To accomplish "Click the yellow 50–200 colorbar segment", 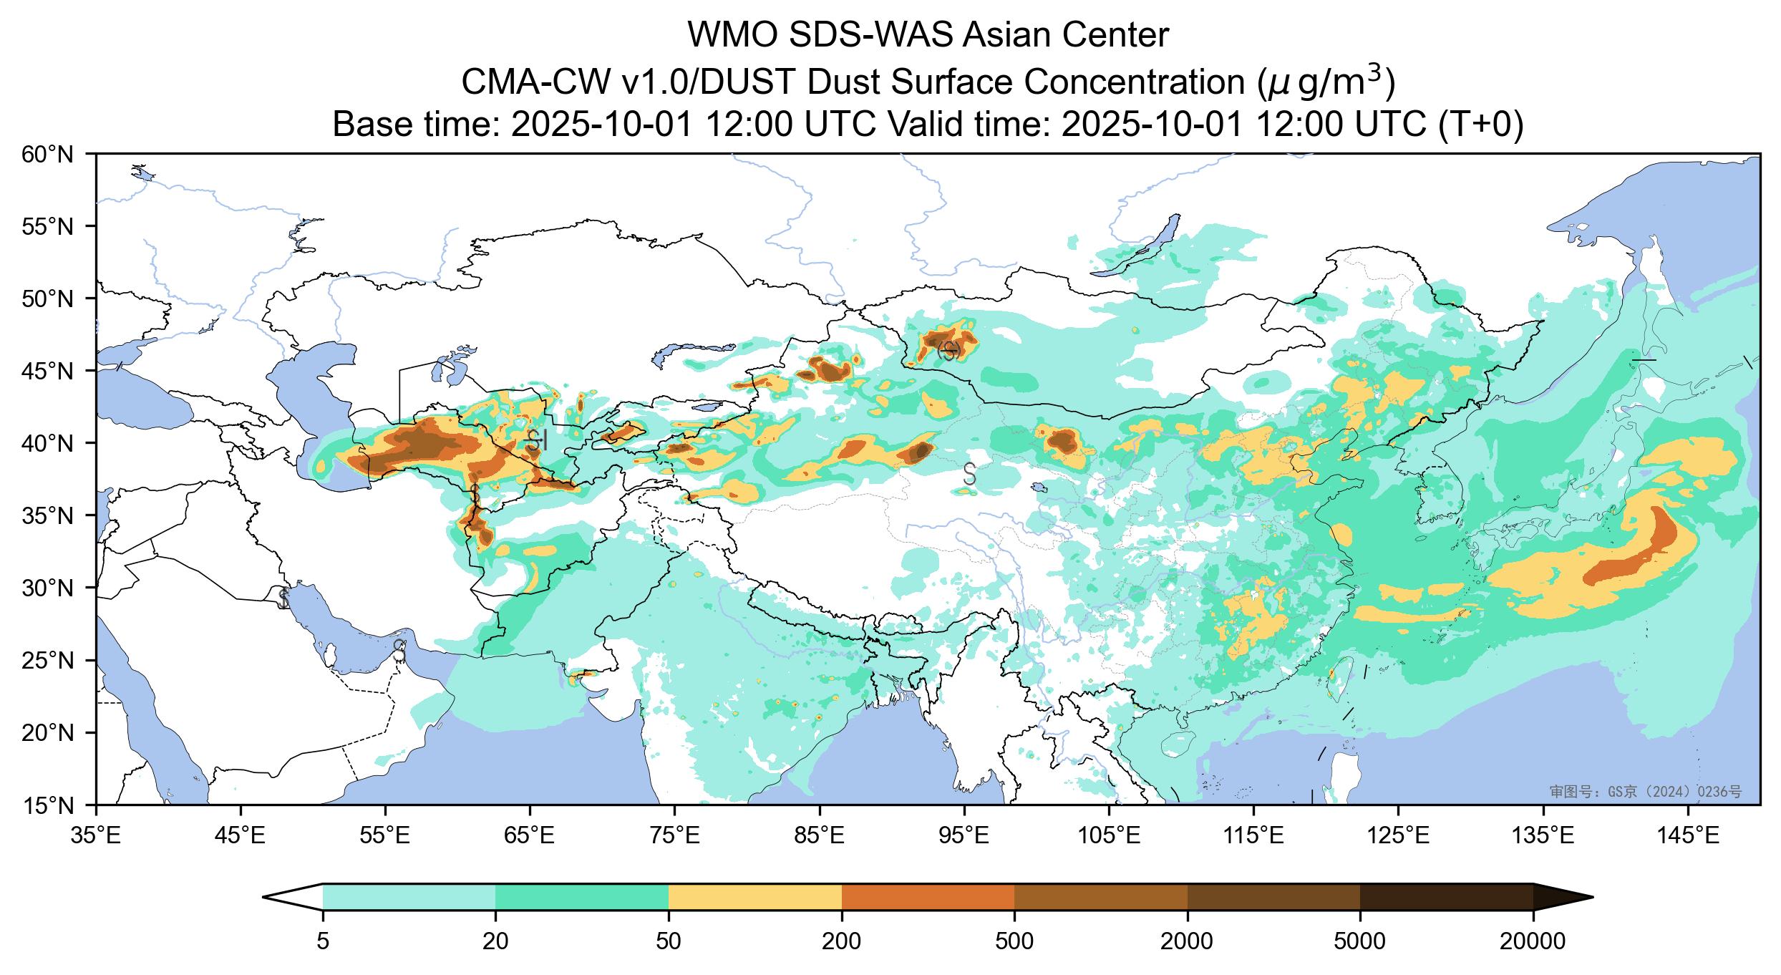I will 754,897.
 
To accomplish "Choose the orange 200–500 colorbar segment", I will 928,897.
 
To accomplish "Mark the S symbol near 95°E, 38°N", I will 970,473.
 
